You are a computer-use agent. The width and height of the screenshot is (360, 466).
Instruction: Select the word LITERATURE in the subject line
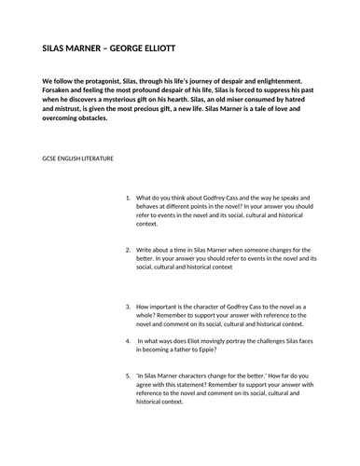tap(97, 158)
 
